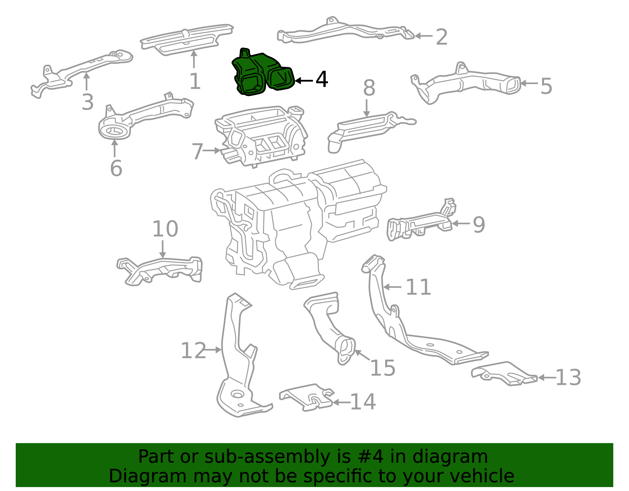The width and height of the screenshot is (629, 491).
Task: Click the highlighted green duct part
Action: point(261,75)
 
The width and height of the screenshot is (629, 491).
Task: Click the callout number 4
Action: point(322,80)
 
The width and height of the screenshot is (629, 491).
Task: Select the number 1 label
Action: point(195,82)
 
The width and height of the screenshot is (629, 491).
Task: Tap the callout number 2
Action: point(442,37)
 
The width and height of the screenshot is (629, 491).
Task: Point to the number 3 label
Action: point(87,102)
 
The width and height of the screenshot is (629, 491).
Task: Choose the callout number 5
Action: point(546,86)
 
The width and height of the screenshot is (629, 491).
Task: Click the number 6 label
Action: point(116,168)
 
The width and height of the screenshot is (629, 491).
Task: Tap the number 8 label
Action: point(369,88)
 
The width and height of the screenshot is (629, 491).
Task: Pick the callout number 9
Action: point(478,225)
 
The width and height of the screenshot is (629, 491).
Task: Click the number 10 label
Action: point(165,229)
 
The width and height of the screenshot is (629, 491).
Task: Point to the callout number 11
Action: point(418,287)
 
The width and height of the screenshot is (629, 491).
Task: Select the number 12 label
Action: point(193,351)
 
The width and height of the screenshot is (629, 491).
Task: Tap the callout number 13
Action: point(568,378)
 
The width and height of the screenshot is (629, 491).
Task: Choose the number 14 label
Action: point(363,402)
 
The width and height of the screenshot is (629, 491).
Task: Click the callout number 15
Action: point(383,368)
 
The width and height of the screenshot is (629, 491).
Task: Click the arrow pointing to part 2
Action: point(424,36)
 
